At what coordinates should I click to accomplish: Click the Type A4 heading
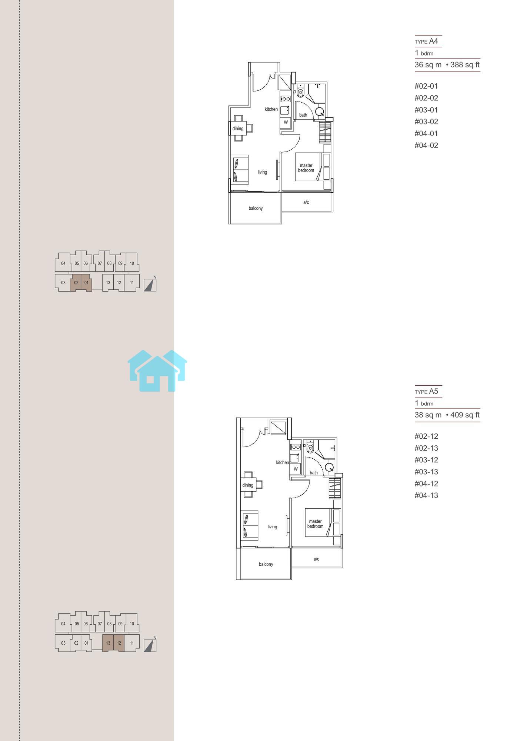(x=426, y=41)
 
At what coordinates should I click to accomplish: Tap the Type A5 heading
(x=426, y=391)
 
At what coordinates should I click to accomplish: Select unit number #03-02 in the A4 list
(x=426, y=122)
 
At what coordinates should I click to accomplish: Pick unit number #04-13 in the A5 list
(x=426, y=495)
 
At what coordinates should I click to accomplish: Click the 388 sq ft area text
(x=465, y=65)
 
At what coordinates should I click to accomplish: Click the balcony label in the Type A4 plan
(x=256, y=208)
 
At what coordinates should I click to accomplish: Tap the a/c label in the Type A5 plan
(x=316, y=559)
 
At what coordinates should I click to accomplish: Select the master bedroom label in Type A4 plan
(x=306, y=168)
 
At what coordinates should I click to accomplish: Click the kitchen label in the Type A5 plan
(x=282, y=462)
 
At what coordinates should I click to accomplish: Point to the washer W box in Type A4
(x=286, y=122)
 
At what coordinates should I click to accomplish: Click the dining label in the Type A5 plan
(x=248, y=485)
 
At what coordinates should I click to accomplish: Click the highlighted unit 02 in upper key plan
(x=76, y=283)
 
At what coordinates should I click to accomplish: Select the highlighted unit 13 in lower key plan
(x=108, y=643)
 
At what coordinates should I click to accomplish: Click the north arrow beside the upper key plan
(x=150, y=284)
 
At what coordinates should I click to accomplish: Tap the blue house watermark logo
(x=157, y=370)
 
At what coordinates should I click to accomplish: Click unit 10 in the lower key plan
(x=132, y=624)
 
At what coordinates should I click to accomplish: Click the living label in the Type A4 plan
(x=262, y=172)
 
